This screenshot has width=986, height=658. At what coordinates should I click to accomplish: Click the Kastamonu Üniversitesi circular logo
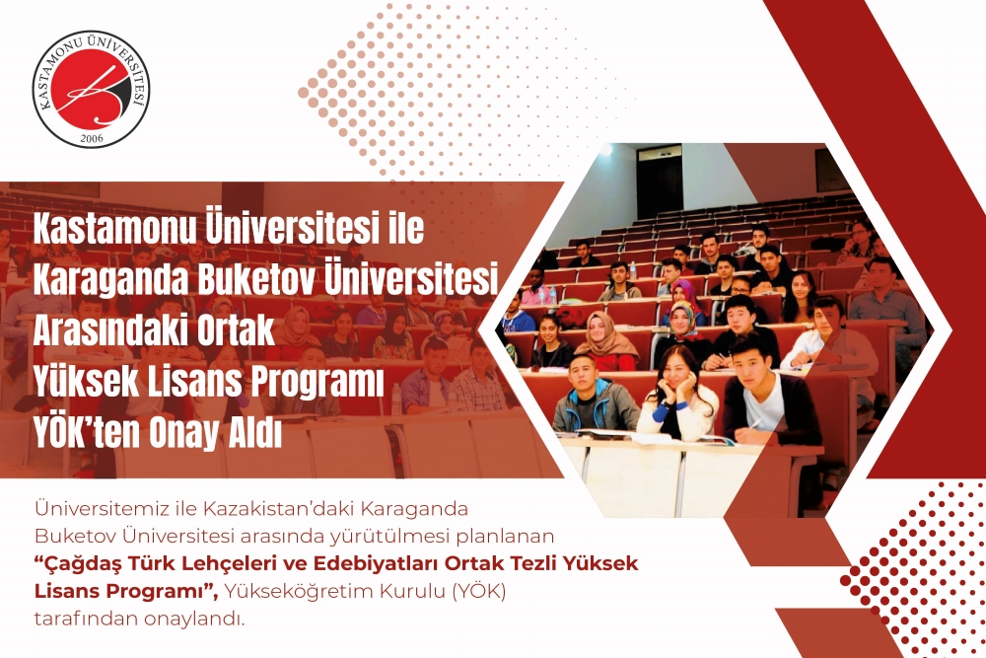point(92,90)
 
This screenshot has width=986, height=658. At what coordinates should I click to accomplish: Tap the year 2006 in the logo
point(91,137)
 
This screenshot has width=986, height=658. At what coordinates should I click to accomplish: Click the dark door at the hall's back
point(660,181)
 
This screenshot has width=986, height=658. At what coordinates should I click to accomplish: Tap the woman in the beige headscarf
point(606,341)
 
